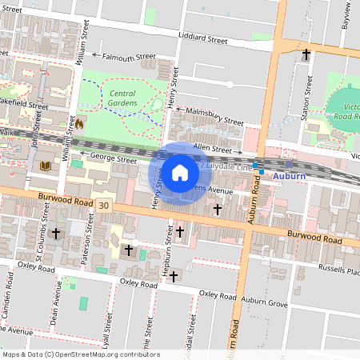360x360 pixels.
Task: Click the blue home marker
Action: pyautogui.click(x=180, y=173)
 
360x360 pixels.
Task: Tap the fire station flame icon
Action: pyautogui.click(x=79, y=124)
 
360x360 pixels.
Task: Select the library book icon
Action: pyautogui.click(x=45, y=166)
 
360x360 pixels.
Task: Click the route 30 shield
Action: pyautogui.click(x=104, y=206)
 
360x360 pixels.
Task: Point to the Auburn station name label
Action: pyautogui.click(x=289, y=174)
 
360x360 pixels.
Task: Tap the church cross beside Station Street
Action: pyautogui.click(x=306, y=54)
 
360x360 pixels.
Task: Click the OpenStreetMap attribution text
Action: pyautogui.click(x=81, y=354)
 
